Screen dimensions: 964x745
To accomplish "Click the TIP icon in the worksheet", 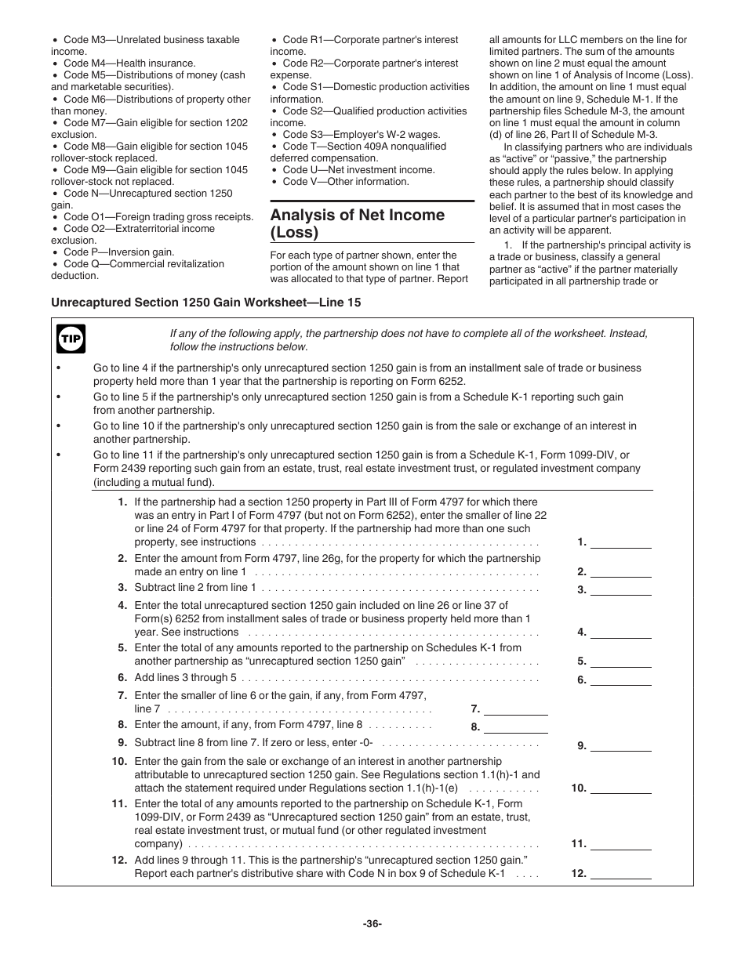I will [x=71, y=339].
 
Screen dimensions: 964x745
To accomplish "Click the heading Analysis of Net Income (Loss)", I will [x=358, y=223].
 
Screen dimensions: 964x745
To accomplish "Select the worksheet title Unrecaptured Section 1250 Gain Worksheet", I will [x=206, y=303].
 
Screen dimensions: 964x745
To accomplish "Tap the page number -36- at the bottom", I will [x=372, y=924].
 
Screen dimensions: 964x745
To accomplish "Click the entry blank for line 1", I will [x=620, y=542].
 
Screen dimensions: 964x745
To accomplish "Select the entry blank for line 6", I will [x=620, y=680].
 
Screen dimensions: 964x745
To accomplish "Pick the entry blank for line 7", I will [x=516, y=709].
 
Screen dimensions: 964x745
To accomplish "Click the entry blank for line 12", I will [x=620, y=874].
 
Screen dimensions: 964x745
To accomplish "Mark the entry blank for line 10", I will [x=620, y=788].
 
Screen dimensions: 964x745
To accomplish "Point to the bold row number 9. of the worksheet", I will [x=122, y=742].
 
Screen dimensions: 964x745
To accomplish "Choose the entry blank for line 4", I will [x=620, y=632].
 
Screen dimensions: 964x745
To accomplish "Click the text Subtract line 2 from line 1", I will [x=195, y=587].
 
